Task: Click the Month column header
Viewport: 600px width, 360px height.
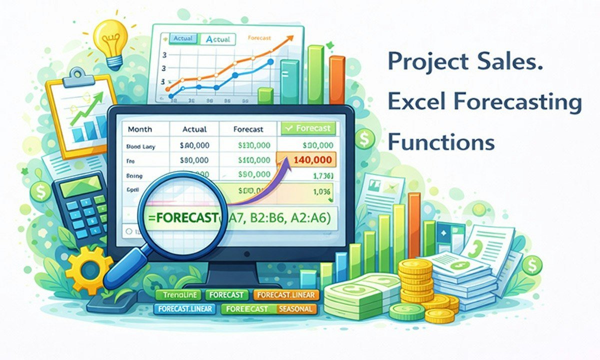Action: coord(140,129)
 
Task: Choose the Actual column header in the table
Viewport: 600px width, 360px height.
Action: coord(194,129)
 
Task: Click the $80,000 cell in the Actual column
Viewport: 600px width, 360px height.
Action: coord(193,160)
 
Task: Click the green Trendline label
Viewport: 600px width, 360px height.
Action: coord(177,295)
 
